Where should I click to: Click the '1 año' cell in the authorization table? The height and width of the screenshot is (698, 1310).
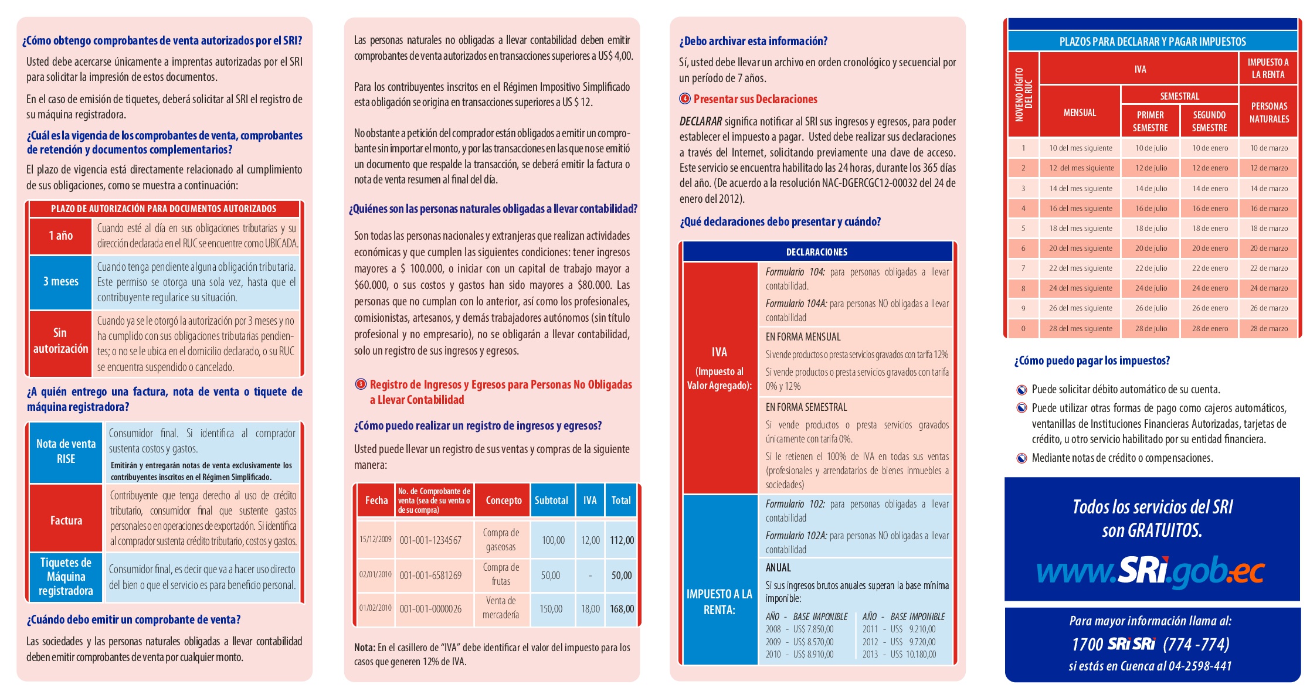click(61, 236)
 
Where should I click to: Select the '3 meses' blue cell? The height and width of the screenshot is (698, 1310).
click(61, 282)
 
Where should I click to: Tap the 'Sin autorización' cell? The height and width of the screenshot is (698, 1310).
click(61, 341)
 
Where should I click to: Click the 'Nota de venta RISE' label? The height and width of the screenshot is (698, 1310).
click(66, 451)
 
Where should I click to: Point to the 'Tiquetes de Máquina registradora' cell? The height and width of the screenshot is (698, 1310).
click(66, 577)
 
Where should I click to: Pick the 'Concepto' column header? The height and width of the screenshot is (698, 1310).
click(503, 500)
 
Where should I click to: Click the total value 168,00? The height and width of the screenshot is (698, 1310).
click(622, 609)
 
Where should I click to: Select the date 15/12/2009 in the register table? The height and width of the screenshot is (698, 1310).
click(375, 539)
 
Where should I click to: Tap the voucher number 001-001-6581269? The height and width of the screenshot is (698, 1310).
click(430, 576)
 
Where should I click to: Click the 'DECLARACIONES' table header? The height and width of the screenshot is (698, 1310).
click(817, 252)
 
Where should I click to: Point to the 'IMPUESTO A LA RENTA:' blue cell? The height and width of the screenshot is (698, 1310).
click(720, 602)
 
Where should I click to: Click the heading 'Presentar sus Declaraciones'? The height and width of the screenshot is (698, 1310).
click(755, 99)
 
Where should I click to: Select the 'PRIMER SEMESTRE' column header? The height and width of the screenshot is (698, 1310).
click(1150, 121)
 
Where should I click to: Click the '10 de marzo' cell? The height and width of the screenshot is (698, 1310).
click(1269, 148)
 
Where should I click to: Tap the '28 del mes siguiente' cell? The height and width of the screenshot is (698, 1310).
click(1080, 329)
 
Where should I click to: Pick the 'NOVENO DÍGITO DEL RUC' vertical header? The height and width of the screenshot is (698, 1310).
click(1023, 94)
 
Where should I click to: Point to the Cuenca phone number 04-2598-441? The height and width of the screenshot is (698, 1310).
click(1199, 666)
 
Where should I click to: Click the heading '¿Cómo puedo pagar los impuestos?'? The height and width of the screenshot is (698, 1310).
click(1092, 361)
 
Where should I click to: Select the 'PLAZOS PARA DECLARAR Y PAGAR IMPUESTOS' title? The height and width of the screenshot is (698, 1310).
click(1152, 42)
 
